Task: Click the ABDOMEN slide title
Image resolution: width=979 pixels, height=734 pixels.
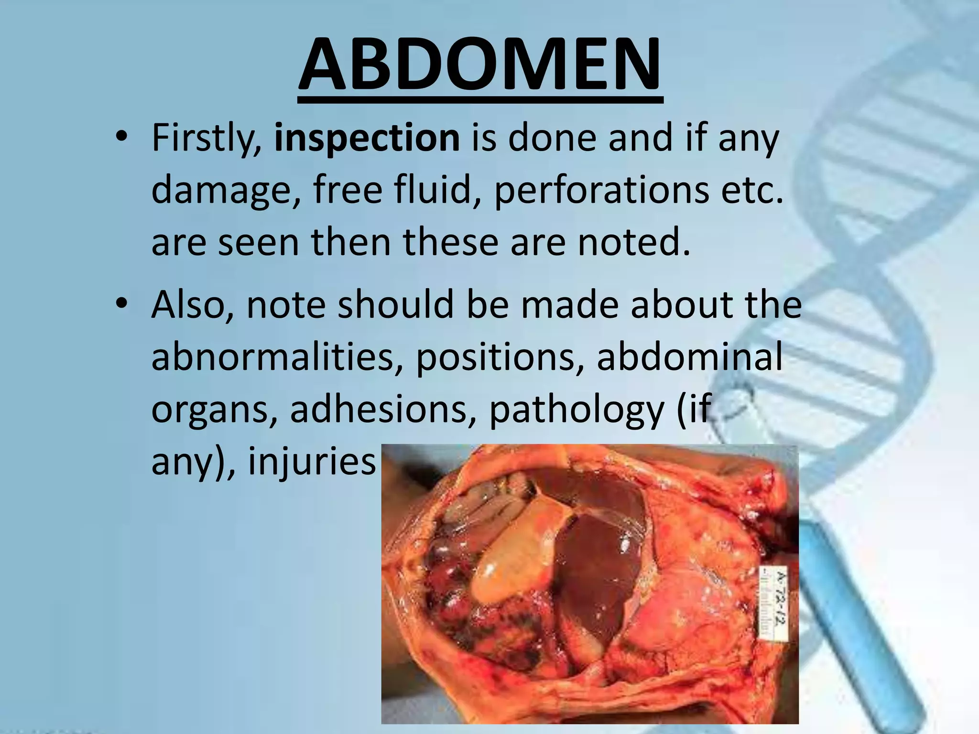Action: [480, 65]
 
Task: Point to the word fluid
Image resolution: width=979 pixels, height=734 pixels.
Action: [438, 190]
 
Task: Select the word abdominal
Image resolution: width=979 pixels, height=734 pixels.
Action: [689, 357]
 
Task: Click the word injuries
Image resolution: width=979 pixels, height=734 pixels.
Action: [311, 461]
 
